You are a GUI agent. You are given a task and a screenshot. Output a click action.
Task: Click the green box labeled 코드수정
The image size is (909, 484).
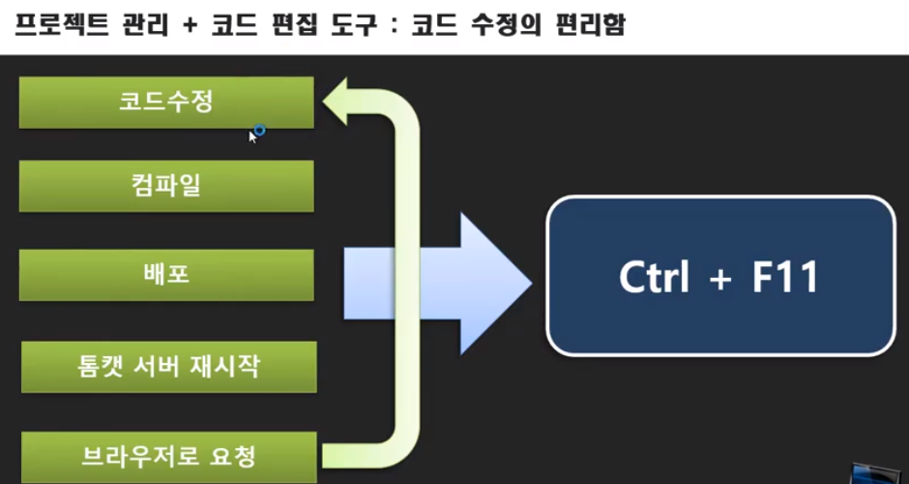pos(166,103)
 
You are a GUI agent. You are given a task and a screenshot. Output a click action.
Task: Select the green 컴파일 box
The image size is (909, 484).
pos(166,186)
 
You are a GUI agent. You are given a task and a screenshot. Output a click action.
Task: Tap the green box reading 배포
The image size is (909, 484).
pos(166,274)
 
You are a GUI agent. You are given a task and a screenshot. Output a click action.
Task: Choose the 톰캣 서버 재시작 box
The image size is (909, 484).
pos(168,366)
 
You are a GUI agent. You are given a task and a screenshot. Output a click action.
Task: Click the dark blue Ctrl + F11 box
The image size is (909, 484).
pos(720,276)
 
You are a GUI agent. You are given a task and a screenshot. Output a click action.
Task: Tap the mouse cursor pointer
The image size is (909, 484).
pos(253,136)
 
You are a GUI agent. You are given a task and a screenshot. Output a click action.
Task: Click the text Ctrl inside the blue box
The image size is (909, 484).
pos(655,277)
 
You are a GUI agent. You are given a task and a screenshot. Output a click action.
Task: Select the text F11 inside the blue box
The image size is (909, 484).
pos(784,277)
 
